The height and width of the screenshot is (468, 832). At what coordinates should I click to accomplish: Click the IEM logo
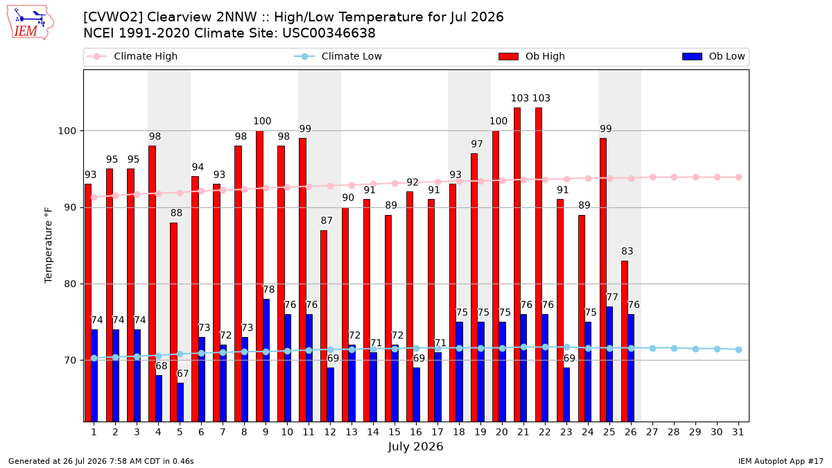(30, 23)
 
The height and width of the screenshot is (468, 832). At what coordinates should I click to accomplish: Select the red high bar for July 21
(517, 264)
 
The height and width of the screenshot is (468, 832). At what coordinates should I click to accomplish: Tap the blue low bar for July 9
(266, 361)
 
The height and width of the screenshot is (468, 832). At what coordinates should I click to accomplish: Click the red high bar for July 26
(625, 341)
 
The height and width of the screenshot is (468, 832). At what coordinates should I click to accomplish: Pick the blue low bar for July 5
(180, 402)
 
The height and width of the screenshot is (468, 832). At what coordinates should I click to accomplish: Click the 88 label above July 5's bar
(176, 213)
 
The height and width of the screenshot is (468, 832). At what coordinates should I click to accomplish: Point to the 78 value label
(268, 289)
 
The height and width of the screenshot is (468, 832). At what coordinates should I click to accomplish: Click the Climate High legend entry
(132, 56)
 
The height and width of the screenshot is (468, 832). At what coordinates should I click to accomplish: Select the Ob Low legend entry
(713, 56)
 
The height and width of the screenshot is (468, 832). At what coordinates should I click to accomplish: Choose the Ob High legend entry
(532, 56)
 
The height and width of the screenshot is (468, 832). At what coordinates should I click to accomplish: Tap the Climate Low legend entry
(338, 56)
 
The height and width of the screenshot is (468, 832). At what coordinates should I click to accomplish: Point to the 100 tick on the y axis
(67, 131)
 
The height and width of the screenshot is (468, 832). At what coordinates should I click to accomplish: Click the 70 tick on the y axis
(70, 361)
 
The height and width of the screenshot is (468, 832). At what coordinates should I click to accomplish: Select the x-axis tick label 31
(738, 432)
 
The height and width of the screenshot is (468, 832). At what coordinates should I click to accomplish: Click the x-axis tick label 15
(395, 432)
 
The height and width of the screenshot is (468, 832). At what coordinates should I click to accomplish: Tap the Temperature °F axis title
(49, 245)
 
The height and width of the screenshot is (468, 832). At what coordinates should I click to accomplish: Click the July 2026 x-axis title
(415, 447)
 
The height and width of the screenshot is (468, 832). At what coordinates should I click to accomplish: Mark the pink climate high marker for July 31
(739, 177)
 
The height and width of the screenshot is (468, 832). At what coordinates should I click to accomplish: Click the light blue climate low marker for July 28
(674, 348)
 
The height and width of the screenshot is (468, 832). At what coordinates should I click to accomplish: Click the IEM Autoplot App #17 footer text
(781, 461)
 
